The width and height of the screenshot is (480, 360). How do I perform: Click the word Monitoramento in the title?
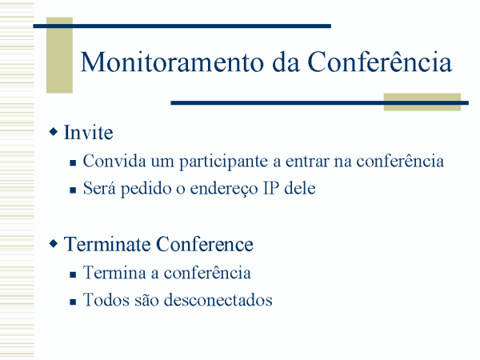coord(172,62)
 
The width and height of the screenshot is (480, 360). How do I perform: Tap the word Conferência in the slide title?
coord(379,62)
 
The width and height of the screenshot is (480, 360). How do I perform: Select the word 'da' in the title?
coord(286,62)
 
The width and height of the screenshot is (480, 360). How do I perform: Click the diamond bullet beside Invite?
coord(54,132)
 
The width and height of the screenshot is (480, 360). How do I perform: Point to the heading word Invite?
coord(89,133)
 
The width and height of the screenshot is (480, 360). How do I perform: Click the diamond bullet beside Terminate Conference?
coord(54,244)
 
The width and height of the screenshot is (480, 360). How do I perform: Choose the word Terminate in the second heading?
coord(107,244)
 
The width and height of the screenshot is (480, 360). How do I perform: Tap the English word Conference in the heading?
coord(205,244)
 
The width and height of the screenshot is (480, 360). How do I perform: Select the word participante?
coord(223,162)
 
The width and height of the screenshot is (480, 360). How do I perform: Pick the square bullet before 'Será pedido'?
coord(73,190)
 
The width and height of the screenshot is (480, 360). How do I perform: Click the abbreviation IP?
coord(271,188)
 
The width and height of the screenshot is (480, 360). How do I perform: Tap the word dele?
coord(300,188)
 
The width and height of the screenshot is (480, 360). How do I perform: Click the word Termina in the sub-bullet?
coord(114,273)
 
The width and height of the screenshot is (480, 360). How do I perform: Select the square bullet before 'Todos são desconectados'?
coord(73,302)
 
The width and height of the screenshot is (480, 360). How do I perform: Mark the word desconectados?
coord(218,300)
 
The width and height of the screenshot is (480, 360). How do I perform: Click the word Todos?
coord(106,300)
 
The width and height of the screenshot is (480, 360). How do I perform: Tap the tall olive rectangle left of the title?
coord(59,55)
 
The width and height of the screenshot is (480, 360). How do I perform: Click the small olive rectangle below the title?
coord(422,102)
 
